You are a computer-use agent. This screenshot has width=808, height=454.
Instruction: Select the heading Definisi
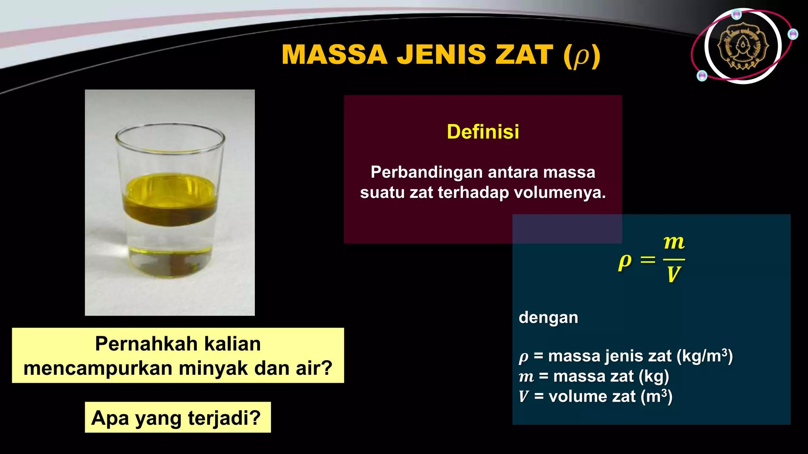[x=483, y=132]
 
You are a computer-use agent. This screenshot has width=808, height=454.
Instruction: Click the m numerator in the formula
[x=674, y=242]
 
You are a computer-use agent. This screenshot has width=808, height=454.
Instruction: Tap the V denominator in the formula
[x=673, y=275]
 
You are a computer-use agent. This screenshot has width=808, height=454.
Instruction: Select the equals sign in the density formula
[x=647, y=260]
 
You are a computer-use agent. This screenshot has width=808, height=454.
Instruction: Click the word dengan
[x=548, y=317]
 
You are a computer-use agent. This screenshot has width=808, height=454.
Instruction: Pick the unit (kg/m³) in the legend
[x=705, y=356]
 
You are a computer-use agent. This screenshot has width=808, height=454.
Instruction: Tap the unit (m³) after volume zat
[x=656, y=396]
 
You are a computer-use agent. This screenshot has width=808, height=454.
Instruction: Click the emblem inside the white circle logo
[x=743, y=46]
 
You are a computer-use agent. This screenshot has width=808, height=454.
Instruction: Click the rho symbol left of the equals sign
[x=625, y=261]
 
